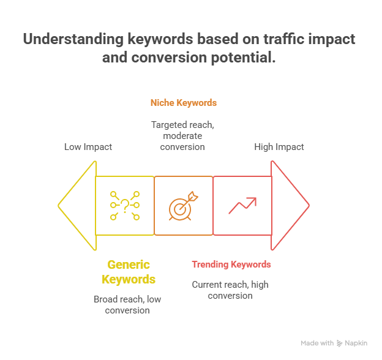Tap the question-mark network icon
[125, 206]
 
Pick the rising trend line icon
[242, 205]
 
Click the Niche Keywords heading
[184, 103]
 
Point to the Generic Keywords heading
[129, 272]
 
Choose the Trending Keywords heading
[231, 264]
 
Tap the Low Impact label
[88, 147]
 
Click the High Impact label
[279, 147]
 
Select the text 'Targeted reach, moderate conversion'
[184, 135]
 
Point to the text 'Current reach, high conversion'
[230, 290]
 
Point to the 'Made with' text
[317, 344]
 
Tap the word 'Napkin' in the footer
[356, 344]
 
